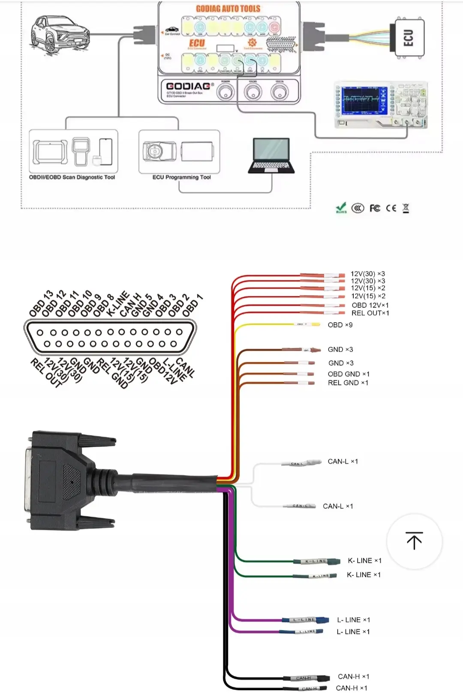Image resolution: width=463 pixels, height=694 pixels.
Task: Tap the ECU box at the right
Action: (409, 38)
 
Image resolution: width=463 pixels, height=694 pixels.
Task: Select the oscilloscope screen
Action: (364, 100)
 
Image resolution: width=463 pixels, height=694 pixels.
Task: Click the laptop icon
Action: (271, 156)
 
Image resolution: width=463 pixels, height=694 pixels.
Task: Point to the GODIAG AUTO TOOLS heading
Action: (228, 9)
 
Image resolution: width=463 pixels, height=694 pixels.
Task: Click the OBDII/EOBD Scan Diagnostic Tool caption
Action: (72, 177)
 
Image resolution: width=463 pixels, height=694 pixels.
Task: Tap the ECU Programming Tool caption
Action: (181, 177)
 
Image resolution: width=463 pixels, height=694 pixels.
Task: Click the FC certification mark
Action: (375, 208)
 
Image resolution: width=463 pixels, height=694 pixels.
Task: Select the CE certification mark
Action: (391, 208)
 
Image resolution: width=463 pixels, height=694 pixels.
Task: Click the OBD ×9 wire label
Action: (340, 325)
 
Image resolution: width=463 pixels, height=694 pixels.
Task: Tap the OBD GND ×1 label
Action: (348, 374)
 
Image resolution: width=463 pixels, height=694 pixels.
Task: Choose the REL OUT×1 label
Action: (370, 313)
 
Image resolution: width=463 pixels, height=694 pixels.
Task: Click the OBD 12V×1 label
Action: (370, 305)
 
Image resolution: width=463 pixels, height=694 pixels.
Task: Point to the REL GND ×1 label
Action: (348, 383)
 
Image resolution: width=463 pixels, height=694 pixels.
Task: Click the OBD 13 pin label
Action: (41, 303)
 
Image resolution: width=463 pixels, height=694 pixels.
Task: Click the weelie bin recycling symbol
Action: (406, 208)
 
